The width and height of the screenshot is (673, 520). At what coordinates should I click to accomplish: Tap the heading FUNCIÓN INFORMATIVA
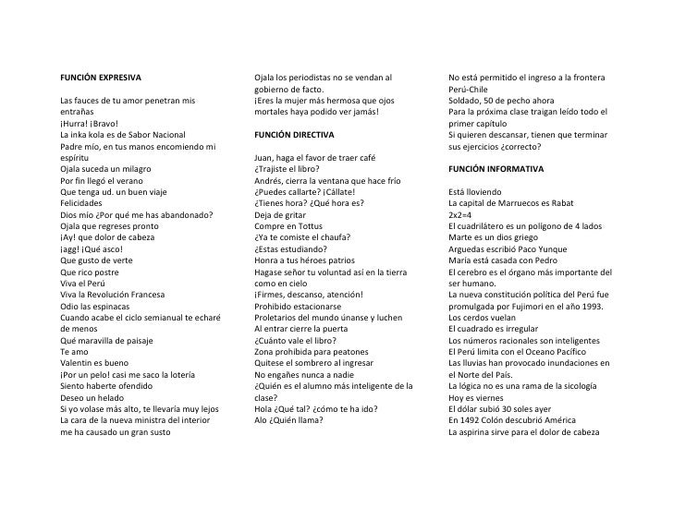click(x=496, y=169)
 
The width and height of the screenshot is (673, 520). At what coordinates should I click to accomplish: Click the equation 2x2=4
click(x=461, y=214)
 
